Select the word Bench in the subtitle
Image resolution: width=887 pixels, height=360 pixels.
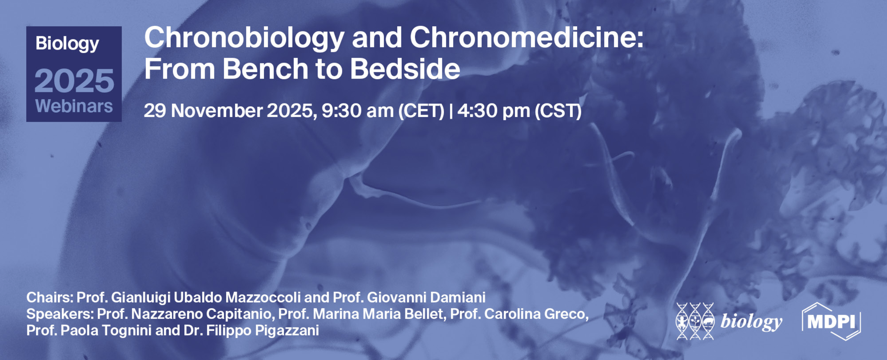pyautogui.click(x=265, y=69)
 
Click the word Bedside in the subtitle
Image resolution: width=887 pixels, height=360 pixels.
pyautogui.click(x=405, y=69)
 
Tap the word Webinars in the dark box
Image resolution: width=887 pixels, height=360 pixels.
pyautogui.click(x=74, y=106)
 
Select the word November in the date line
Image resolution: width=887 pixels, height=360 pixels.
pyautogui.click(x=217, y=111)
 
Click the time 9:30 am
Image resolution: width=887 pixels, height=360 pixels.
pyautogui.click(x=357, y=111)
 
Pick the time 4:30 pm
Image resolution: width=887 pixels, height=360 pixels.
pyautogui.click(x=493, y=111)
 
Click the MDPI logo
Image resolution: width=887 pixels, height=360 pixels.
pyautogui.click(x=831, y=321)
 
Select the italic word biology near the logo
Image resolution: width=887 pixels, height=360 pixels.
pyautogui.click(x=751, y=322)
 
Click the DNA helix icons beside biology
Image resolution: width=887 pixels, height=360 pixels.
pyautogui.click(x=695, y=321)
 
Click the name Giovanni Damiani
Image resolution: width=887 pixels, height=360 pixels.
pyautogui.click(x=426, y=297)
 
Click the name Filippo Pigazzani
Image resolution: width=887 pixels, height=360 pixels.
pyautogui.click(x=262, y=330)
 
